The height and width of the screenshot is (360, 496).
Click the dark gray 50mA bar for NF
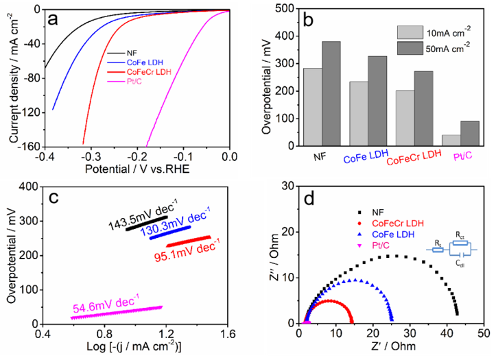click(x=331, y=94)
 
